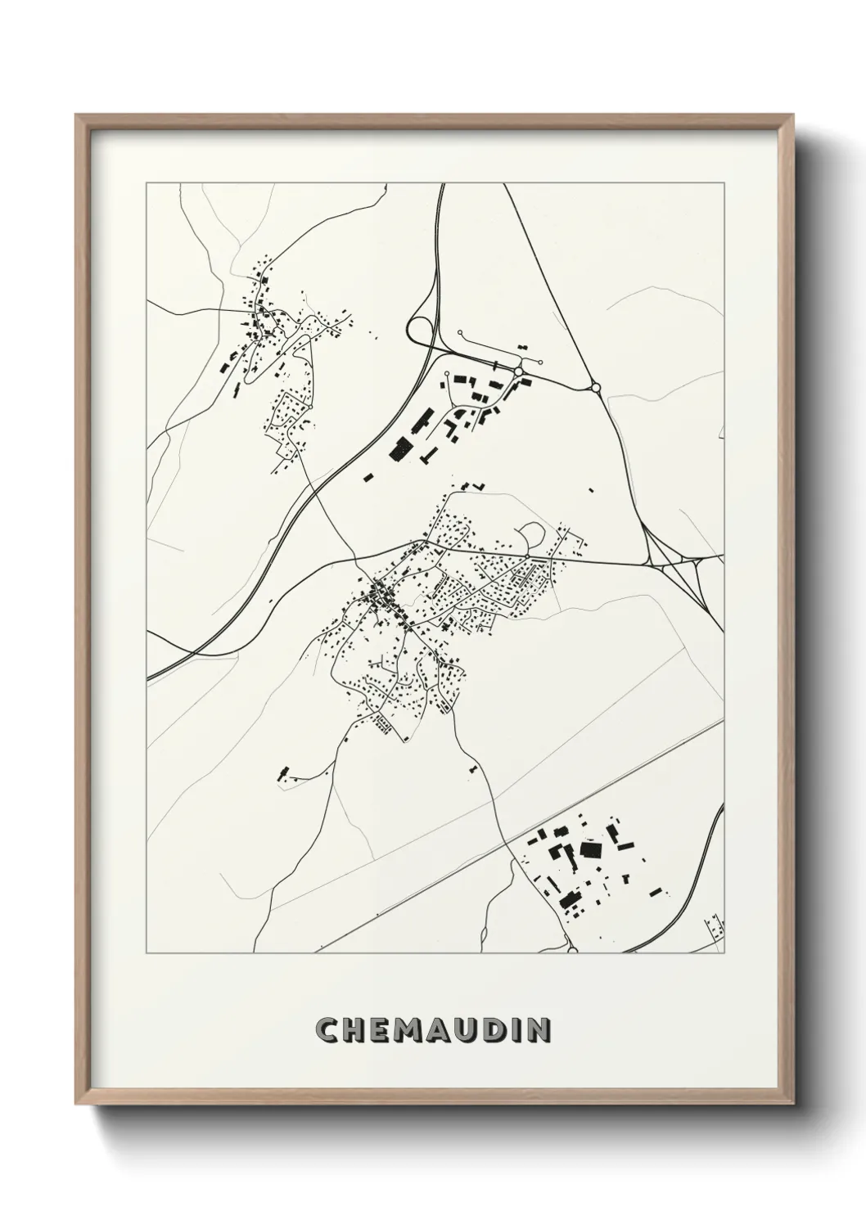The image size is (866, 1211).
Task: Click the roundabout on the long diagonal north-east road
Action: [x=595, y=387]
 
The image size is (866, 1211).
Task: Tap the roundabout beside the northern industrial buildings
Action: [x=519, y=373]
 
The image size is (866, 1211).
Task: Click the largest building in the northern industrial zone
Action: [x=402, y=448]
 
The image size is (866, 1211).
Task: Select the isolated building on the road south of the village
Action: [x=472, y=768]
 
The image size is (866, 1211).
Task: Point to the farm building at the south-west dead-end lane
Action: [x=284, y=772]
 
